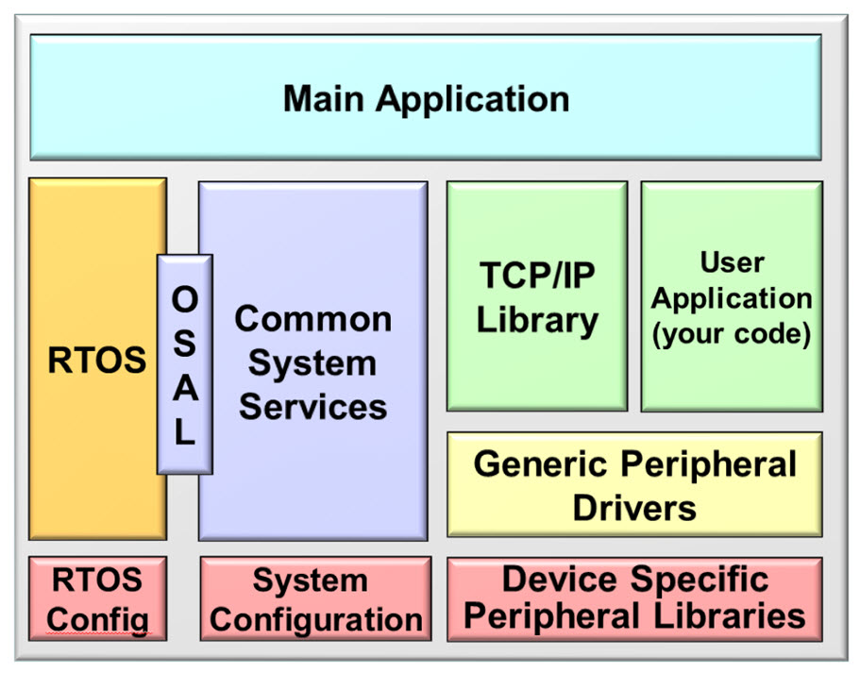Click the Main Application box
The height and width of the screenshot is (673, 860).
click(425, 98)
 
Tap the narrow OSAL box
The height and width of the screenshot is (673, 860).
click(185, 363)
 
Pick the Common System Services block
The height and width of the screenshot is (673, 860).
click(312, 362)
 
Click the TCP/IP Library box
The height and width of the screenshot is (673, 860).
click(536, 296)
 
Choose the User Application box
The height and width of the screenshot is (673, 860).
click(732, 296)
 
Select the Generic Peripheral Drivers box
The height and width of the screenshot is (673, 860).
click(633, 485)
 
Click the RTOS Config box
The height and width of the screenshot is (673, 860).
click(97, 598)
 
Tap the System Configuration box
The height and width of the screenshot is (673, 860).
click(315, 598)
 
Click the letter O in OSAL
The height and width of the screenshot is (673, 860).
click(185, 298)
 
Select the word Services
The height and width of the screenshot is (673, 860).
click(312, 407)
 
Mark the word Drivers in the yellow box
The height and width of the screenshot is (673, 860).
click(633, 508)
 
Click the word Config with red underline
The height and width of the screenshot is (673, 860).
click(97, 620)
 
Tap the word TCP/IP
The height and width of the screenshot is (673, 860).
click(536, 275)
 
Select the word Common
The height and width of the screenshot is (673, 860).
click(312, 319)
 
